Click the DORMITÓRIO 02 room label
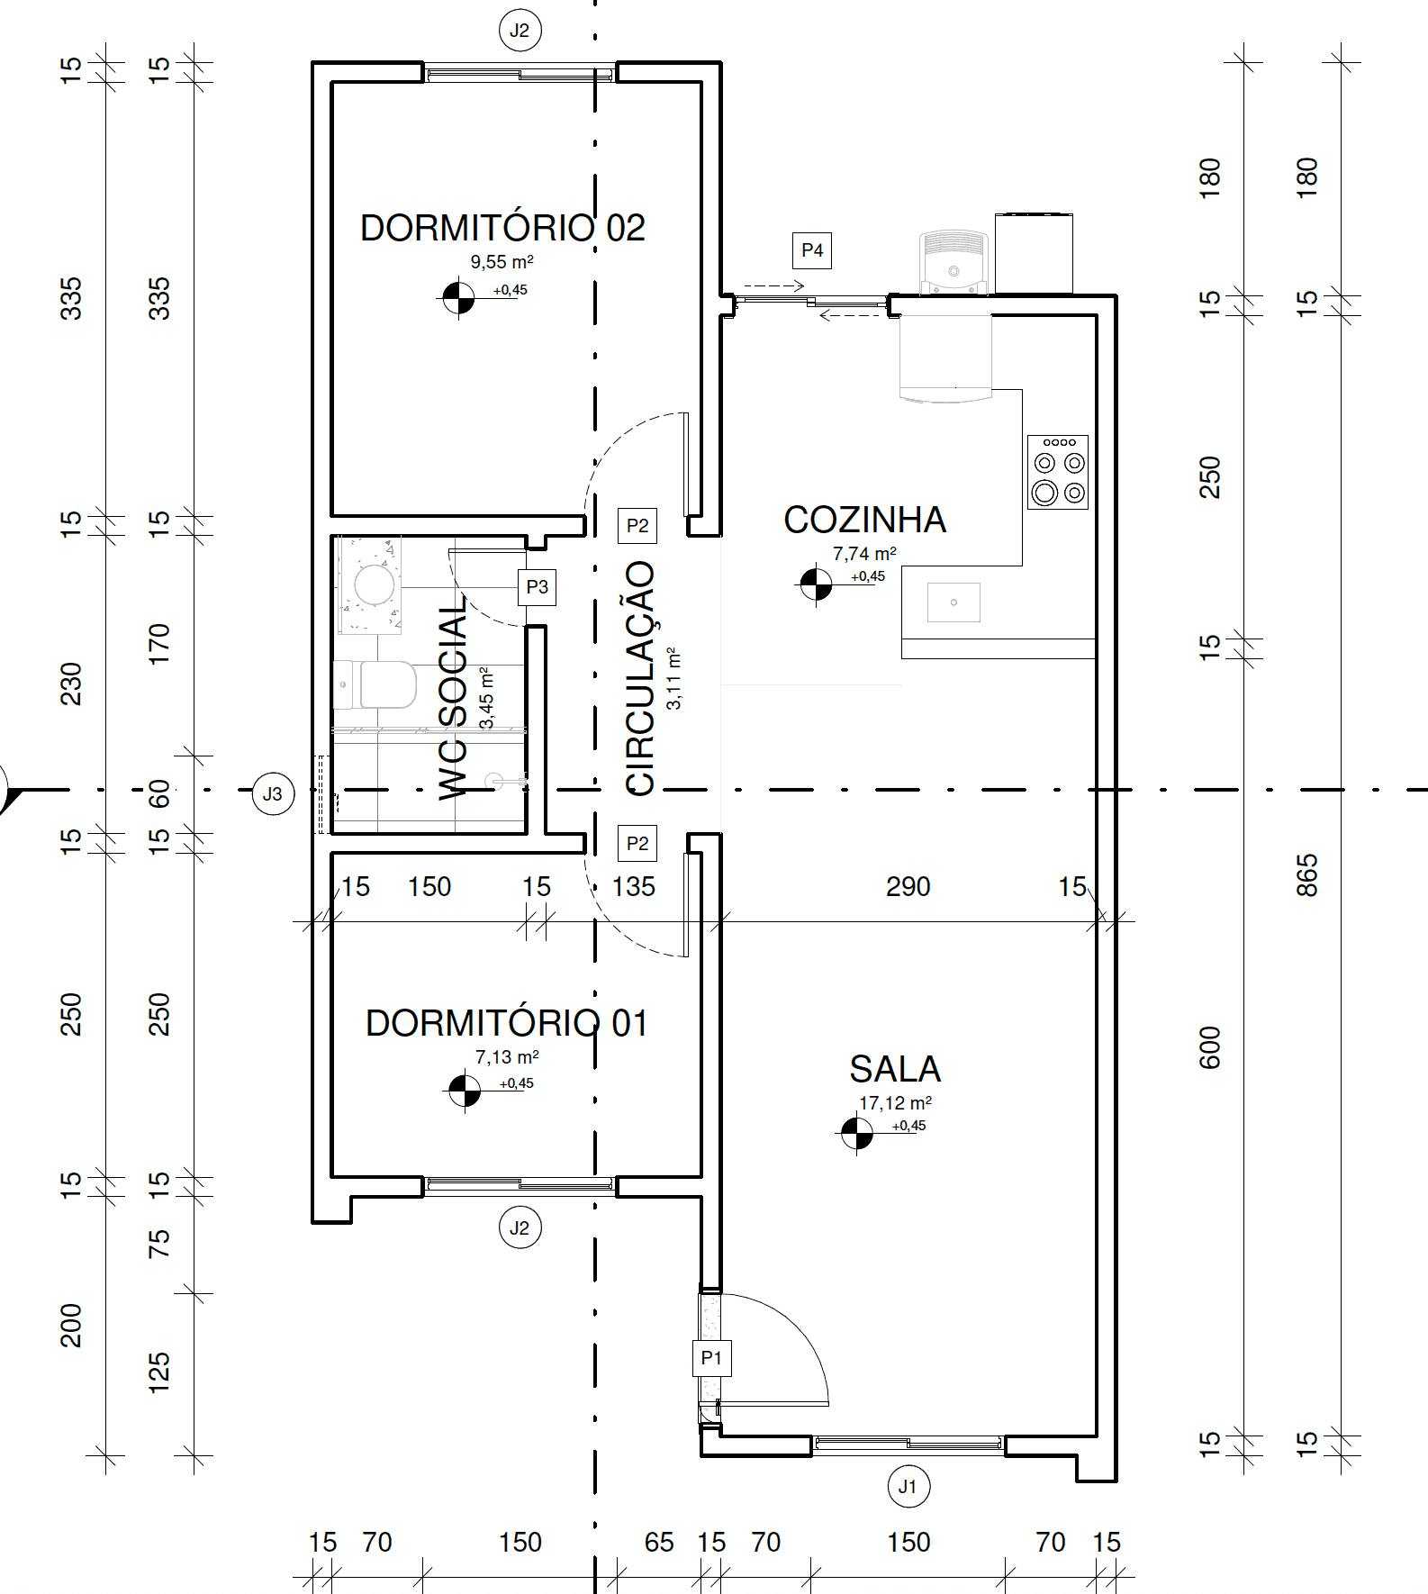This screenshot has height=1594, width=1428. [502, 228]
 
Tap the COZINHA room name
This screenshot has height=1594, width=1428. [864, 520]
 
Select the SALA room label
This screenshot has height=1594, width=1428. [895, 1069]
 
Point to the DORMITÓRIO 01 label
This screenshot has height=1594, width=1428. [506, 1023]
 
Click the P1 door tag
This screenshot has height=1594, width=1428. [711, 1358]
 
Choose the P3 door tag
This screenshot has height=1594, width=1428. [537, 587]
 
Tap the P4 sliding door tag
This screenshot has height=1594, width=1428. [812, 250]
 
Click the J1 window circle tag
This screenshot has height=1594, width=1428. [908, 1487]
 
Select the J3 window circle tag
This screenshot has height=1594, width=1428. [273, 793]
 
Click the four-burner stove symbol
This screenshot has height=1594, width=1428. [1058, 472]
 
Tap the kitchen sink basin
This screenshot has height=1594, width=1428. [954, 602]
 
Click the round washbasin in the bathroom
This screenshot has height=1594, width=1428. [374, 584]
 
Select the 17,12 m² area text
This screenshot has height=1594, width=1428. [895, 1103]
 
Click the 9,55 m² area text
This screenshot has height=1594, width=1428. [502, 262]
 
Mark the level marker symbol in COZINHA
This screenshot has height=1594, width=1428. [817, 584]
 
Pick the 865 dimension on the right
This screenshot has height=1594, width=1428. [1306, 875]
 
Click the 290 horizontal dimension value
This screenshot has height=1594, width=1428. [908, 887]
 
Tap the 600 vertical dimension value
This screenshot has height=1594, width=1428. [1210, 1047]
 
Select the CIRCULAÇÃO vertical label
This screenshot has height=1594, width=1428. [640, 678]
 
